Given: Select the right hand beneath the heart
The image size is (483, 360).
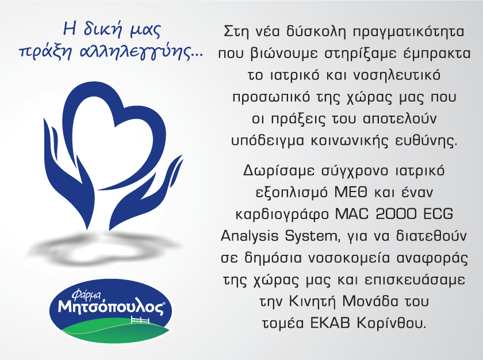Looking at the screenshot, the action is click(x=145, y=197).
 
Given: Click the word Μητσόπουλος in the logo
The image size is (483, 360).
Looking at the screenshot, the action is click(x=111, y=307).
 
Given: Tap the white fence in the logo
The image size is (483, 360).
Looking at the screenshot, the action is click(x=140, y=320).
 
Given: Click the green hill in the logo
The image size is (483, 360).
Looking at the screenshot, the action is click(x=114, y=332).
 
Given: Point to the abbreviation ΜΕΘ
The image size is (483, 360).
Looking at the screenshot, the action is click(x=351, y=192).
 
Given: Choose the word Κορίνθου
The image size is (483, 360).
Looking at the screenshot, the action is click(x=392, y=323).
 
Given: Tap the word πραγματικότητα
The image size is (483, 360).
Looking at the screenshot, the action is click(x=408, y=32).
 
